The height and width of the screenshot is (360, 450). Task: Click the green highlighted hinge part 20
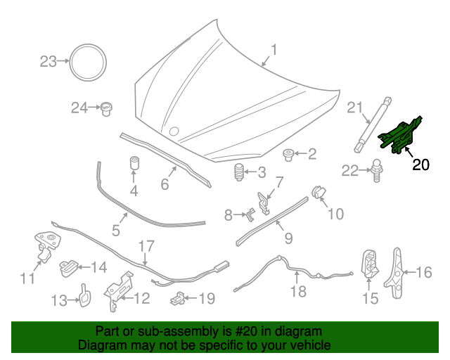[399, 135]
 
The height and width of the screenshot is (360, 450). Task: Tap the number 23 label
[48, 62]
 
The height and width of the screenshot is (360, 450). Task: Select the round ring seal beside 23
[88, 63]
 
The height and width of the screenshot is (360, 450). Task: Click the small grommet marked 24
[106, 108]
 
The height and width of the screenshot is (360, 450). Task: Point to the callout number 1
[274, 50]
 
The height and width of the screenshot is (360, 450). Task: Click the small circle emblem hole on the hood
[174, 131]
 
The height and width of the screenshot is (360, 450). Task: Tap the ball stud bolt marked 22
[378, 171]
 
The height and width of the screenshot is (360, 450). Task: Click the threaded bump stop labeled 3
[239, 172]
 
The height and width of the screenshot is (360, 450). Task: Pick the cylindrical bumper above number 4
[134, 163]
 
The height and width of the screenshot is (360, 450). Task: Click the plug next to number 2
[288, 155]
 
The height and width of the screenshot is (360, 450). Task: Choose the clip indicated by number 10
[319, 192]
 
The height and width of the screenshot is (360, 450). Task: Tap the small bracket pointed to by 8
[250, 214]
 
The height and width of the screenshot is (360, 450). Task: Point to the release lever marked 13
[85, 296]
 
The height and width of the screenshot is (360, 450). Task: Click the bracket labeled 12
[118, 290]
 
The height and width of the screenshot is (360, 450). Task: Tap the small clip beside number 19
[178, 298]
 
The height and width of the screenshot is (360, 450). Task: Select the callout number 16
[423, 272]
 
